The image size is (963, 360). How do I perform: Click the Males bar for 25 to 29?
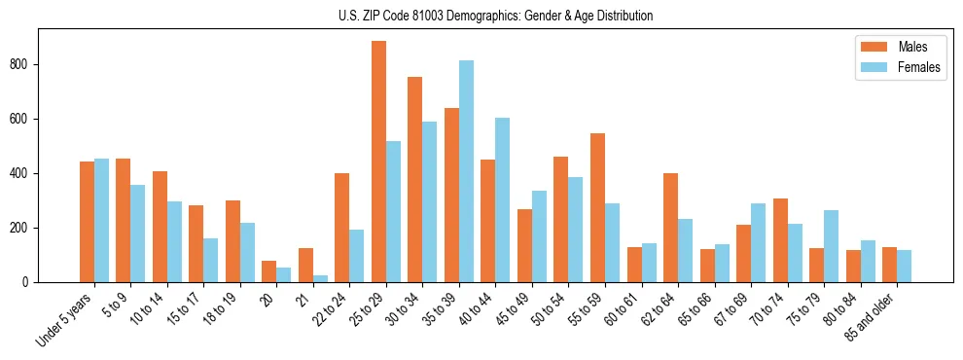(x=378, y=162)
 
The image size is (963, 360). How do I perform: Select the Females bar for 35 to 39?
(x=466, y=171)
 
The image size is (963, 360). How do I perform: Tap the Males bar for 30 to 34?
(x=415, y=179)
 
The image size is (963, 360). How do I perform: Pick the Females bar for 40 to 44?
(x=503, y=199)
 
